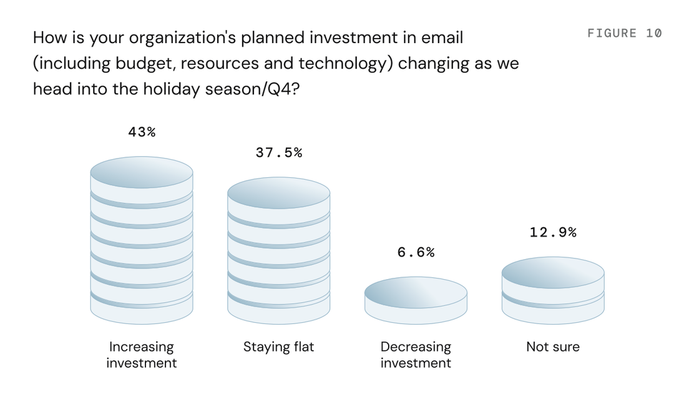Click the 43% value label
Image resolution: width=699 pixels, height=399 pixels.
coord(142,132)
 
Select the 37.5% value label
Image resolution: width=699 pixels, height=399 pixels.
coord(278,153)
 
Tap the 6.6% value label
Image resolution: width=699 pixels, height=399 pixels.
coord(416,252)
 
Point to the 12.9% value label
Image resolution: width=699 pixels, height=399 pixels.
coord(553,232)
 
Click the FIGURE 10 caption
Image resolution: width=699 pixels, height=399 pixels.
coord(625,33)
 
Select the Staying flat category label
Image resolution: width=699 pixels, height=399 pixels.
coord(278,347)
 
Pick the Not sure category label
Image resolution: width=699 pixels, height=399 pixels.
coord(553,347)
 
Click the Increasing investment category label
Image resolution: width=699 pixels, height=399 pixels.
coord(141,355)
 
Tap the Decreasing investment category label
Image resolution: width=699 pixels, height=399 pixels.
coord(416,355)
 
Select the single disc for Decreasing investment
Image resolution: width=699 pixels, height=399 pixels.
coord(416,300)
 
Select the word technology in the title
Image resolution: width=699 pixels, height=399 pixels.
coord(346,63)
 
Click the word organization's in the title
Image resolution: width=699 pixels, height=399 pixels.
coord(182,38)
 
